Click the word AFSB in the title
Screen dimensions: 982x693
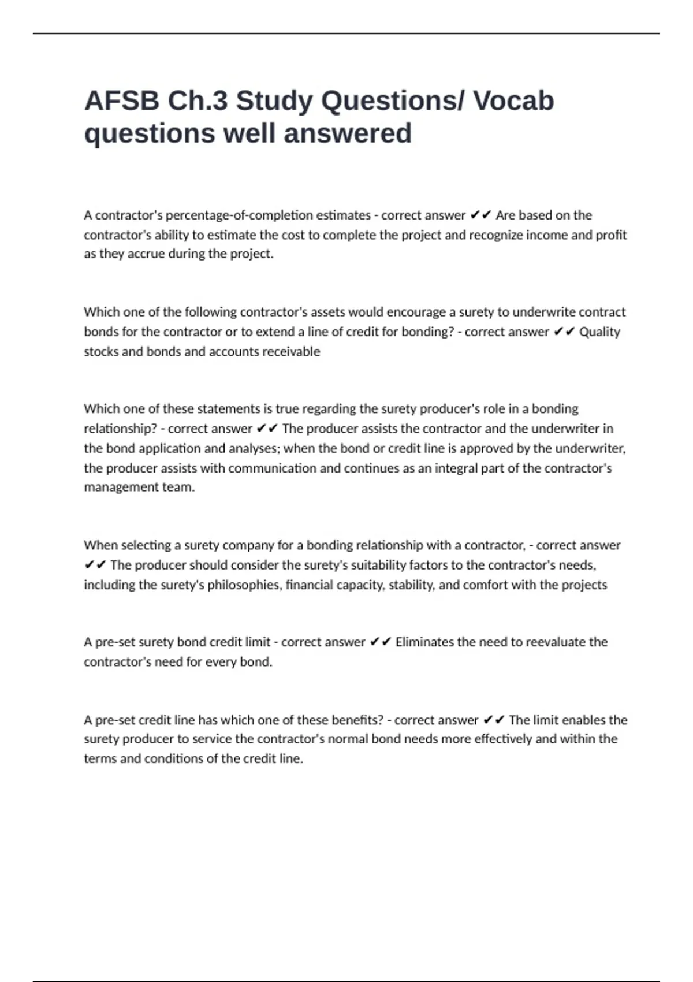pyautogui.click(x=122, y=101)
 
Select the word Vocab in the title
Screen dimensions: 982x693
pyautogui.click(x=513, y=101)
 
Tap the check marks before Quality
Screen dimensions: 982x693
pyautogui.click(x=564, y=332)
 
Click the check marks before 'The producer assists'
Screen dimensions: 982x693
pyautogui.click(x=267, y=429)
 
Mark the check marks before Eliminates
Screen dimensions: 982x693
pyautogui.click(x=380, y=642)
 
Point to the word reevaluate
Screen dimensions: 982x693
pyautogui.click(x=537, y=642)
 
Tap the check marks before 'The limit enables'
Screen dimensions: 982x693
pyautogui.click(x=493, y=720)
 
